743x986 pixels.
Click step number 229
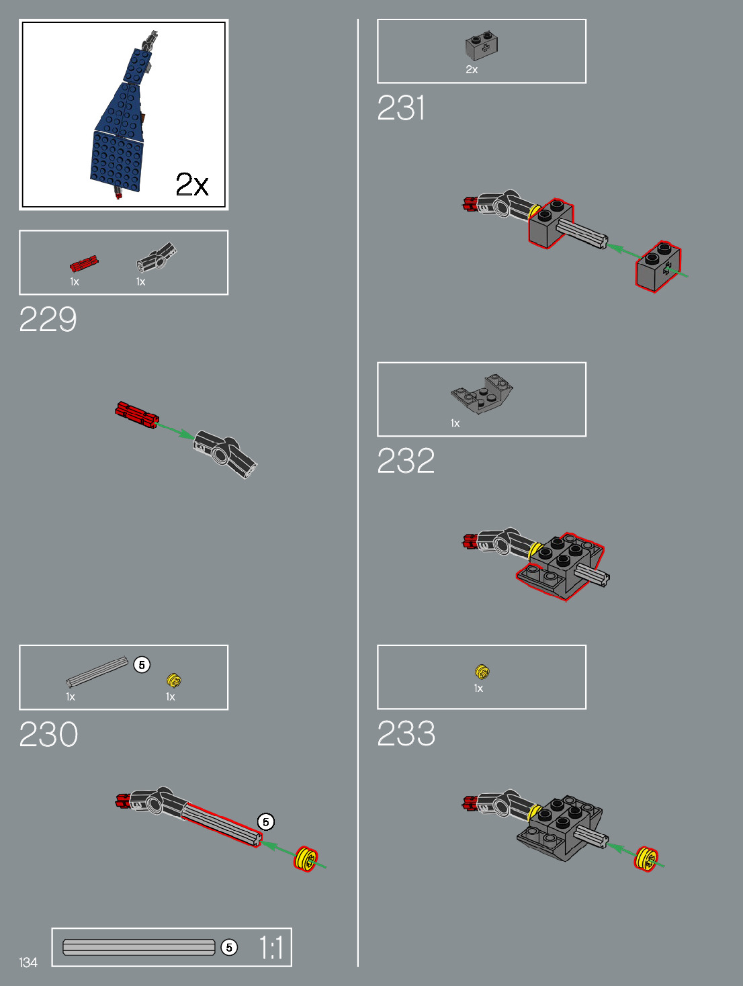click(48, 320)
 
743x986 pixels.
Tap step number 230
click(48, 735)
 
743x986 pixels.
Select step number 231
click(401, 108)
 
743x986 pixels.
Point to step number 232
click(406, 461)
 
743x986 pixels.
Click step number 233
click(406, 734)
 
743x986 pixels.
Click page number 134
click(28, 962)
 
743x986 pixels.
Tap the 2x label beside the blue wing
click(192, 184)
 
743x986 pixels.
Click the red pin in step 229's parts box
click(85, 263)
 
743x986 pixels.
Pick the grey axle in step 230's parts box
click(97, 672)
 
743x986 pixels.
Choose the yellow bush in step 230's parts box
click(174, 680)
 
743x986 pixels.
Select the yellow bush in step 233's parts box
click(482, 671)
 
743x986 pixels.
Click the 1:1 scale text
click(271, 948)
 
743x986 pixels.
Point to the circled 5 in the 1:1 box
click(229, 947)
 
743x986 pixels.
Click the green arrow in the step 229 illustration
click(176, 431)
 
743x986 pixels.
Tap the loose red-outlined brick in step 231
click(658, 266)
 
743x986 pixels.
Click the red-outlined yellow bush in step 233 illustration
click(646, 859)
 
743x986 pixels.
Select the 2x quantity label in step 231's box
click(472, 70)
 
